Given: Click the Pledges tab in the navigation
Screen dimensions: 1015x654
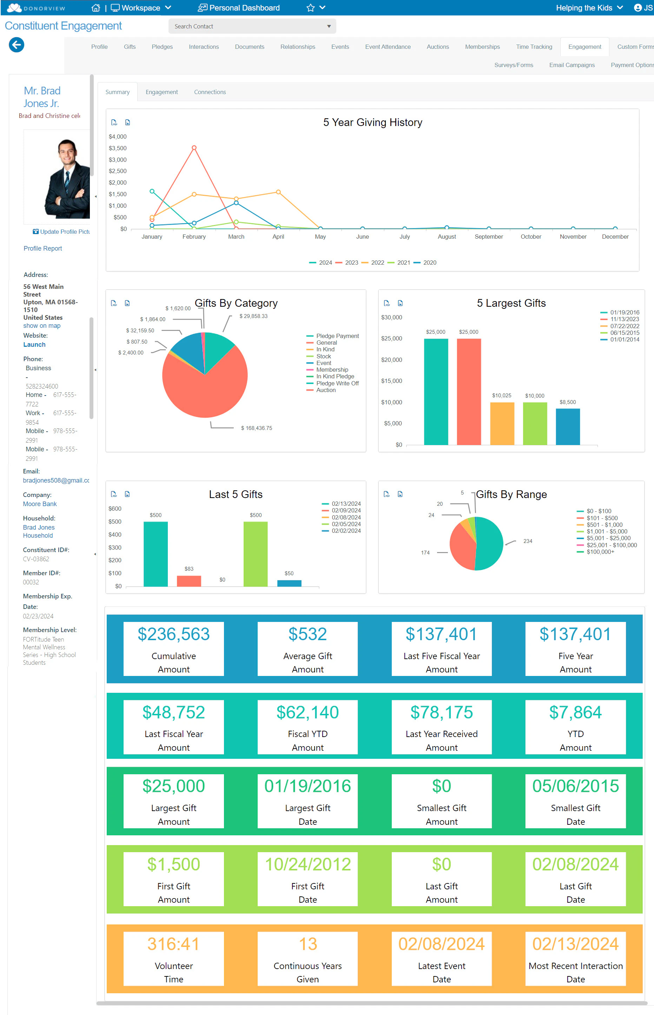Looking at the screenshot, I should click(162, 47).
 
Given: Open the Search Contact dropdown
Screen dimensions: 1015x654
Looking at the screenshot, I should click(329, 26).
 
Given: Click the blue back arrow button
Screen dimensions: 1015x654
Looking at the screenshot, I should click(16, 45).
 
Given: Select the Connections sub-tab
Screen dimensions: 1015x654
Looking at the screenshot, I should click(210, 92).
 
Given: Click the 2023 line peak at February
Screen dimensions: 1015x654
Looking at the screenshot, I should click(194, 148).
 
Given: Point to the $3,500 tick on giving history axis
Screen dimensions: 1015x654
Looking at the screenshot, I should click(118, 148).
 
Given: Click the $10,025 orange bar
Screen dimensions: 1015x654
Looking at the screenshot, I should click(502, 423).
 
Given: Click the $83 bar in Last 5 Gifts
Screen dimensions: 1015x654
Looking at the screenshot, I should click(189, 581).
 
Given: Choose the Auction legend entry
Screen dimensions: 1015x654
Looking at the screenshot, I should click(326, 390).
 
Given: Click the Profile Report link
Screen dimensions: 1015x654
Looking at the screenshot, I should click(43, 248).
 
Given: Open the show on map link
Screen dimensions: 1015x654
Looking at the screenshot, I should click(42, 326).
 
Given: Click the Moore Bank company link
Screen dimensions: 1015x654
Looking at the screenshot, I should click(40, 504).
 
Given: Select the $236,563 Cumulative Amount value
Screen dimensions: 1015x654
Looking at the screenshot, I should click(173, 634).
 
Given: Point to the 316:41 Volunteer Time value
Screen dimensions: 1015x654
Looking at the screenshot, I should click(173, 944).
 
